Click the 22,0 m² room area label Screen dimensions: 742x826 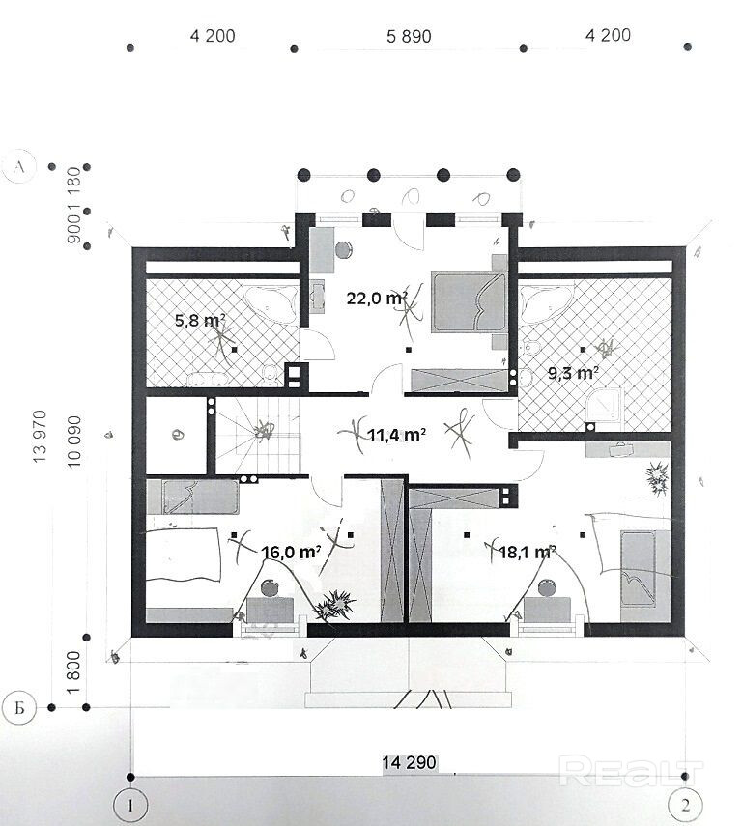pyautogui.click(x=377, y=299)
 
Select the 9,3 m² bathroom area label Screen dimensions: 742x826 pyautogui.click(x=573, y=373)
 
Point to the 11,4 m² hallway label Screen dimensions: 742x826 pyautogui.click(x=396, y=435)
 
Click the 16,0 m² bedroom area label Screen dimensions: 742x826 pyautogui.click(x=291, y=552)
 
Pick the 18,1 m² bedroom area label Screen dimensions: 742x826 pyautogui.click(x=527, y=552)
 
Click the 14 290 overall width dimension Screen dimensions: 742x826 pyautogui.click(x=410, y=762)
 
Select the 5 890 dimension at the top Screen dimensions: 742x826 pyautogui.click(x=409, y=37)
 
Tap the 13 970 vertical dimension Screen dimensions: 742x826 pyautogui.click(x=40, y=436)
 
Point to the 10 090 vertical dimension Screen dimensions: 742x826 pyautogui.click(x=74, y=441)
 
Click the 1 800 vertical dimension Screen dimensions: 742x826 pyautogui.click(x=73, y=672)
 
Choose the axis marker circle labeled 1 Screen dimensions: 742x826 pyautogui.click(x=130, y=806)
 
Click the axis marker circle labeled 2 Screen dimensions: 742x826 pyautogui.click(x=685, y=806)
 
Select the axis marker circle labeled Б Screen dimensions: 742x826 pyautogui.click(x=19, y=707)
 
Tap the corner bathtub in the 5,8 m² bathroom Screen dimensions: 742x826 pyautogui.click(x=270, y=304)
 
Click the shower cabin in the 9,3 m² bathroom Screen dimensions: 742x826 pyautogui.click(x=604, y=405)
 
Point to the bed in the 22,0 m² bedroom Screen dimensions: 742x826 pyautogui.click(x=468, y=301)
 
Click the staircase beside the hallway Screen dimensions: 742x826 pyautogui.click(x=258, y=436)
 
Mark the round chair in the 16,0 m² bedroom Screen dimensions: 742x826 pyautogui.click(x=271, y=586)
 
